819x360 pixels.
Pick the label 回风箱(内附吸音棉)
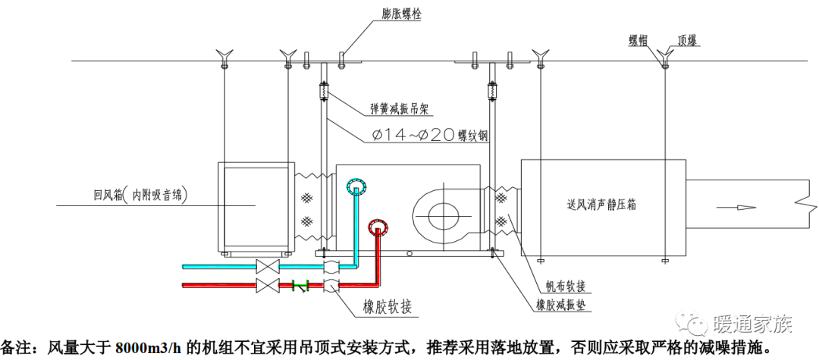tap(135, 193)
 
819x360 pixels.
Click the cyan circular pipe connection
tap(355, 184)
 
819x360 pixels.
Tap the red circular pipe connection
tap(377, 224)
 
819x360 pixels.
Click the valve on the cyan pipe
tap(267, 267)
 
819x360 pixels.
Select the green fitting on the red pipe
tap(297, 286)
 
